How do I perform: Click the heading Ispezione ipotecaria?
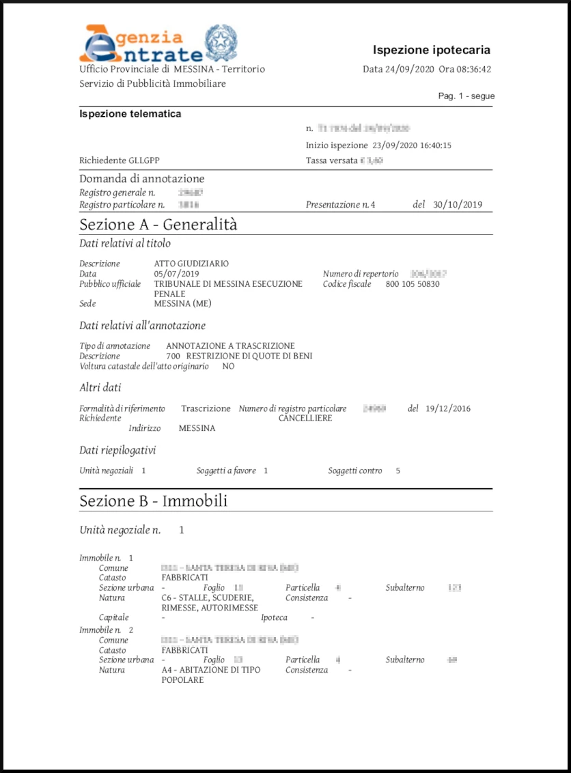pos(431,50)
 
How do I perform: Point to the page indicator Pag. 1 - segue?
pos(466,96)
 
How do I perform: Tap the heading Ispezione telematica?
pos(130,114)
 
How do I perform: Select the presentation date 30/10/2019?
pos(458,204)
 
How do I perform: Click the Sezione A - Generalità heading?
pos(158,224)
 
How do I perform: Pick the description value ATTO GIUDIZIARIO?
pos(191,264)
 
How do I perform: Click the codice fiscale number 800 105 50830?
pos(413,284)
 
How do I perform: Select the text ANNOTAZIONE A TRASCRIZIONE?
pos(230,346)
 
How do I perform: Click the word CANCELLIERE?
pos(305,418)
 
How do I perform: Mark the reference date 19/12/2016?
pos(448,409)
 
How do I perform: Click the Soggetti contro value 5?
pos(398,470)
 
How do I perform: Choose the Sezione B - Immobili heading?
pos(154,501)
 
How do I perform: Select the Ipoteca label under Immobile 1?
pos(274,617)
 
